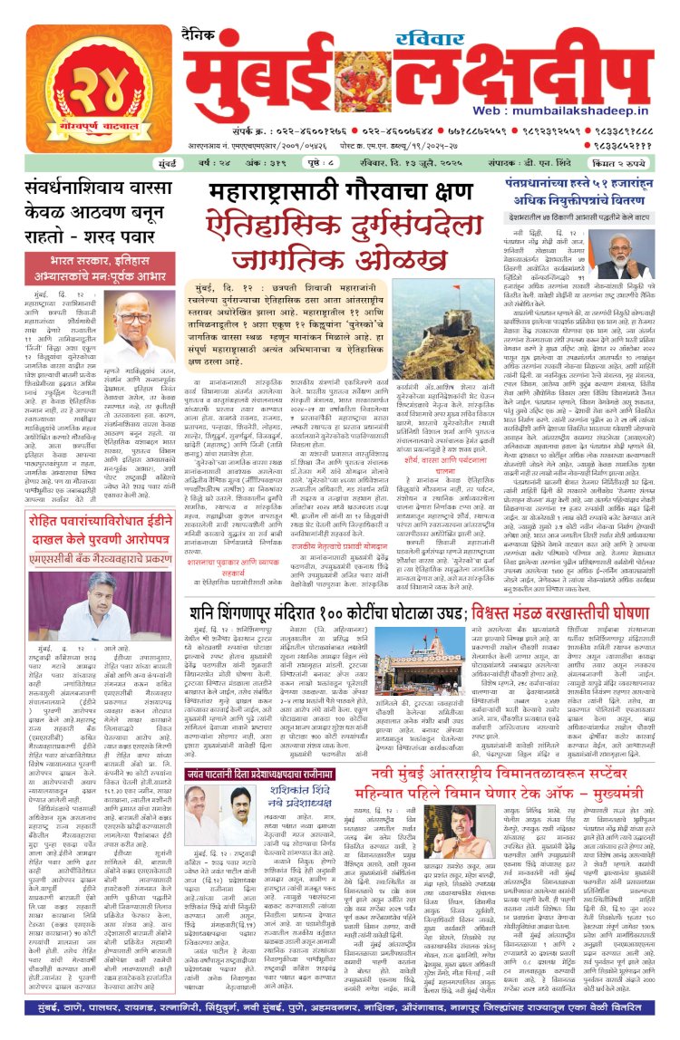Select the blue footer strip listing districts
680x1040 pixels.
(340, 1025)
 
